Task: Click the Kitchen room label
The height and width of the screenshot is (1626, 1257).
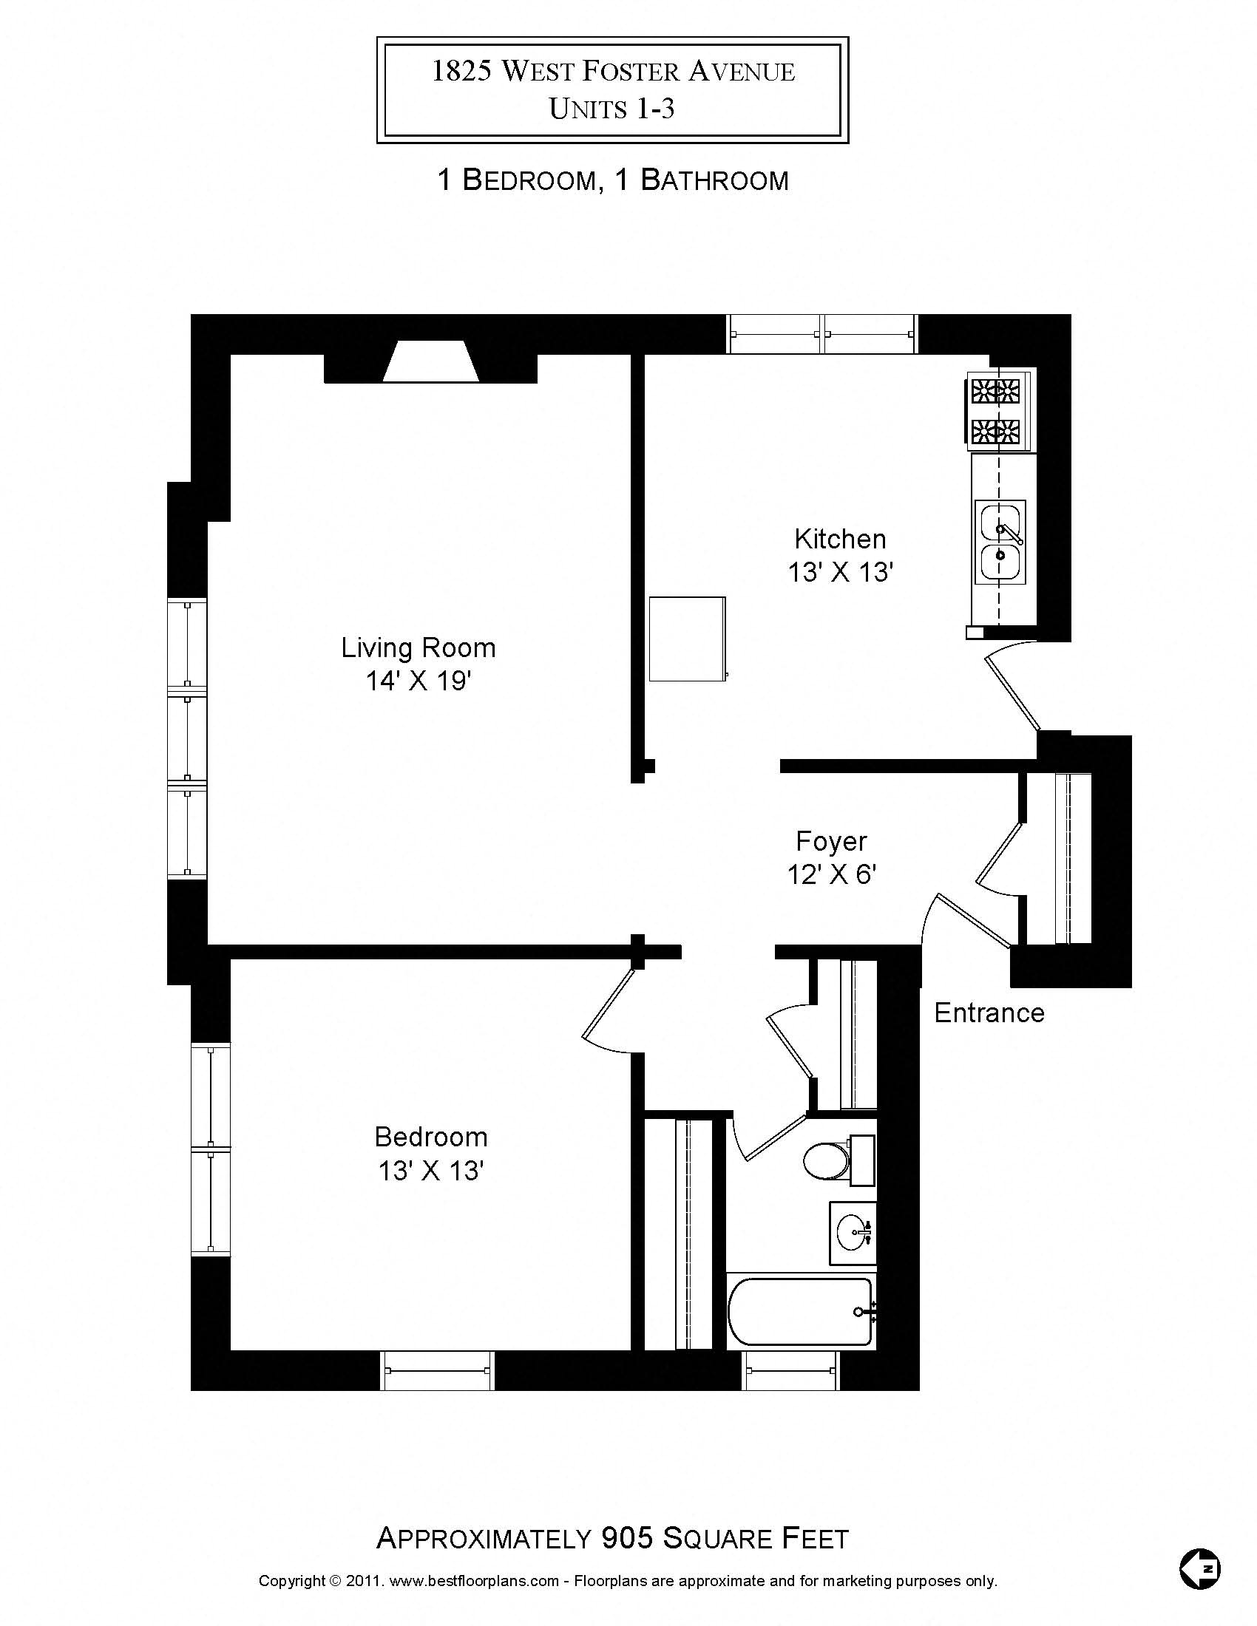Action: [840, 538]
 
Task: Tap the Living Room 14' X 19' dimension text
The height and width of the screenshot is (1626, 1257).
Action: [419, 681]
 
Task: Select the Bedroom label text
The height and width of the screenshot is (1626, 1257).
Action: [430, 1137]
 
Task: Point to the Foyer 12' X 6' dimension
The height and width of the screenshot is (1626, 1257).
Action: [831, 875]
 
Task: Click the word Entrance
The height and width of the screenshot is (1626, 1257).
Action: [989, 1013]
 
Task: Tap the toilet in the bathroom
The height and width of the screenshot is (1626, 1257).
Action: [828, 1160]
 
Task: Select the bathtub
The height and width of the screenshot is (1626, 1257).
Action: [801, 1312]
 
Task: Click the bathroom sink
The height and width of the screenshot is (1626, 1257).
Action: [853, 1234]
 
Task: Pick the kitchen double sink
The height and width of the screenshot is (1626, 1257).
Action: [1000, 541]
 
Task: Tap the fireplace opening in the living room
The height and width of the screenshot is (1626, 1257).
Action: [430, 363]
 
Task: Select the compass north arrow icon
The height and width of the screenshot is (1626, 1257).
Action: [1200, 1568]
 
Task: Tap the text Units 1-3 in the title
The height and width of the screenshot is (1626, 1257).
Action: [611, 109]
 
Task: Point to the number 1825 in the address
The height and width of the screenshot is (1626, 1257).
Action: [461, 72]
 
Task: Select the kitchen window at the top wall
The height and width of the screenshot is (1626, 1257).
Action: [822, 334]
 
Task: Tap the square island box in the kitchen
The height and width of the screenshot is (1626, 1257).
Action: [687, 639]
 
